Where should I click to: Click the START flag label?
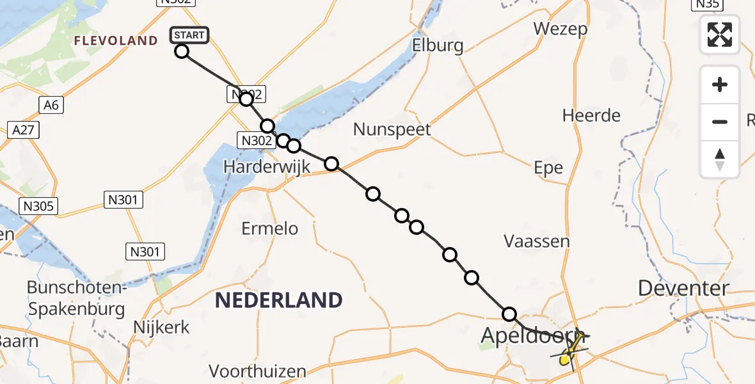[x=189, y=35]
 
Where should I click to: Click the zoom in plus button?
[x=720, y=85]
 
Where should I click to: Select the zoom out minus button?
[x=720, y=122]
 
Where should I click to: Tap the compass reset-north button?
[x=720, y=159]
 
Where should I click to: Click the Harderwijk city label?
[x=267, y=167]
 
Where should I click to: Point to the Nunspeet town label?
[x=393, y=130]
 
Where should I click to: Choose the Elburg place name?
[x=438, y=46]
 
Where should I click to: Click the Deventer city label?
[x=683, y=289]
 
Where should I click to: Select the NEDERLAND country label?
[x=278, y=300]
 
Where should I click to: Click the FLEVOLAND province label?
[x=116, y=41]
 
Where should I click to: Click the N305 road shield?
[x=40, y=206]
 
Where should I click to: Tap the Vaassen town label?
[x=537, y=241]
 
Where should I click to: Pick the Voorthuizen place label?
[x=258, y=371]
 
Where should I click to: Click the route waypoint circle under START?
[x=182, y=51]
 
